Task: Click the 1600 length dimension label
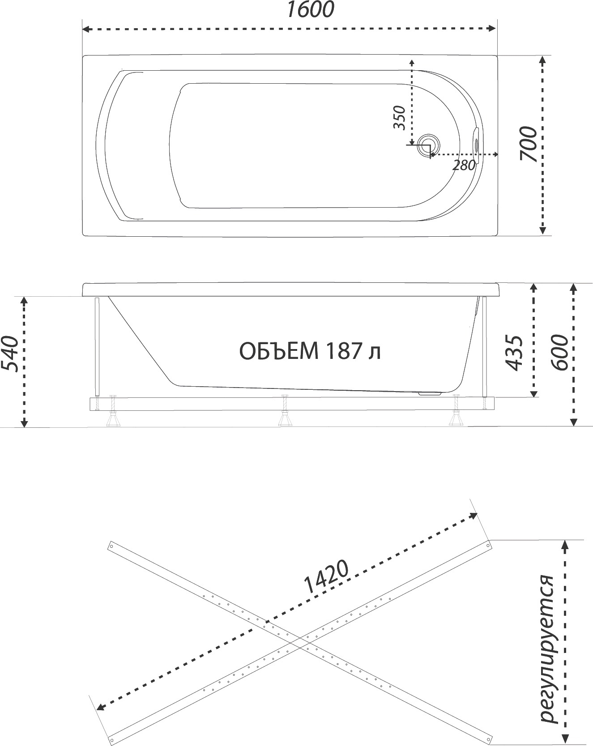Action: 310,10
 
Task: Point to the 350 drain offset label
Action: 399,118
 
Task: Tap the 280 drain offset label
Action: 464,165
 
